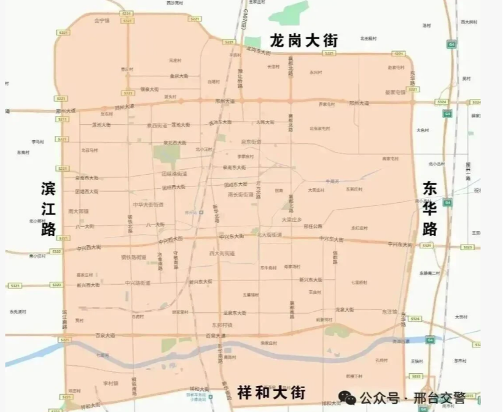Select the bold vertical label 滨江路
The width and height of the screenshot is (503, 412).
click(49, 209)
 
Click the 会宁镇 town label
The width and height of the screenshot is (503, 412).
click(101, 21)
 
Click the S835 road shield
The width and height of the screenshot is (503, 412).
click(416, 376)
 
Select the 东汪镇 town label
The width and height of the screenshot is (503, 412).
click(389, 312)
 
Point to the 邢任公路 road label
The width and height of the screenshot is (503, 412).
click(313, 226)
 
